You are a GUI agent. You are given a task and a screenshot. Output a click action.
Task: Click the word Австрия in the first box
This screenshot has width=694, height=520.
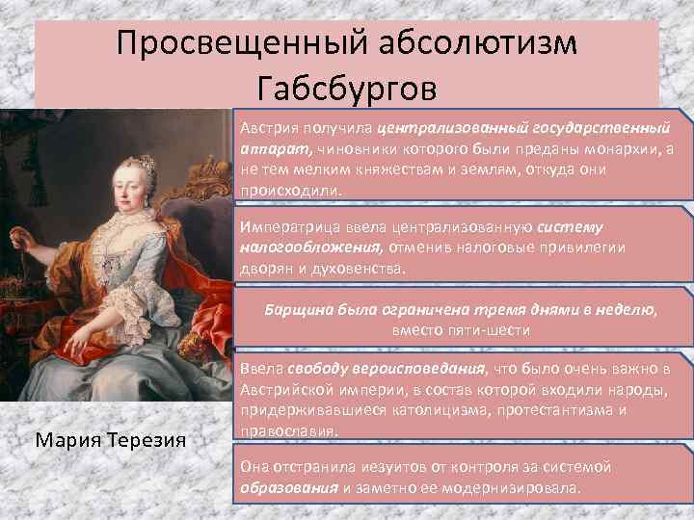coord(269,127)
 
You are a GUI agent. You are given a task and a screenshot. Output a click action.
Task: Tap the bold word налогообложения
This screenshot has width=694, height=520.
coord(307,247)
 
